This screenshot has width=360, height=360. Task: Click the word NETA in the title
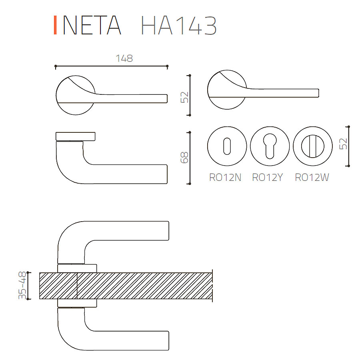pos(92,25)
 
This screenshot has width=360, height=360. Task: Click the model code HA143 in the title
pos(179,25)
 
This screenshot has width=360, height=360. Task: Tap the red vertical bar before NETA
pos(55,25)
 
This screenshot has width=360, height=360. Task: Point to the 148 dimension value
pos(124,58)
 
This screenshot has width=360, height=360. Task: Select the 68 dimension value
pos(184,158)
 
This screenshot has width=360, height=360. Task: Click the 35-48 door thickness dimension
pos(22,285)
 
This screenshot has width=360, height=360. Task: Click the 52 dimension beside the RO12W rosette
pos(343,144)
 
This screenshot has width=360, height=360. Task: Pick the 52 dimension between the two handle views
pos(184,97)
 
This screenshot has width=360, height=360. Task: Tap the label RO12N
pos(225,177)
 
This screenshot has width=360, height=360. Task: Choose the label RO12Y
pos(267,177)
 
